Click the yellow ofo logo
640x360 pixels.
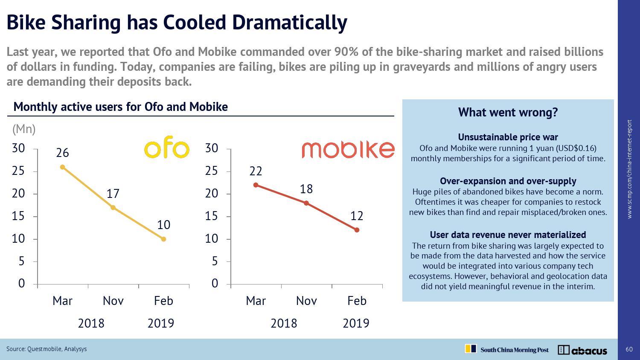tap(166, 149)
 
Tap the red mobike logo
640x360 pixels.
tap(348, 149)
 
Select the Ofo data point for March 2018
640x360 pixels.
tap(62, 167)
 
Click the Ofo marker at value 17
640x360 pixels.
tap(113, 208)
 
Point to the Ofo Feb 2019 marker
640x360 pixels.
tap(163, 239)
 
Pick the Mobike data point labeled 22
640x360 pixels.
tap(256, 185)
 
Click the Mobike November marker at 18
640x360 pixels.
tap(306, 203)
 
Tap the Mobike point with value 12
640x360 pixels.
tap(357, 230)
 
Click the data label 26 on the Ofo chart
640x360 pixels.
tap(62, 153)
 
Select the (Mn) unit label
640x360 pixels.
tap(24, 129)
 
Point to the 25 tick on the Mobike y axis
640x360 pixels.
tap(212, 171)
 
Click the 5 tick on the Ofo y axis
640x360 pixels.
tap(21, 261)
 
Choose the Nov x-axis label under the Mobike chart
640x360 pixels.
tap(306, 301)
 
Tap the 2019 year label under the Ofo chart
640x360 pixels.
tap(161, 323)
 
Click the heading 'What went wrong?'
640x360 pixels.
tap(508, 113)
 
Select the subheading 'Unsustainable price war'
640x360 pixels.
tap(508, 137)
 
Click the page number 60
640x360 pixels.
tap(629, 349)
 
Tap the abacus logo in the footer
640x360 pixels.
tap(582, 350)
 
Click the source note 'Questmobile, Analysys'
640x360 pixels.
tap(57, 349)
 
